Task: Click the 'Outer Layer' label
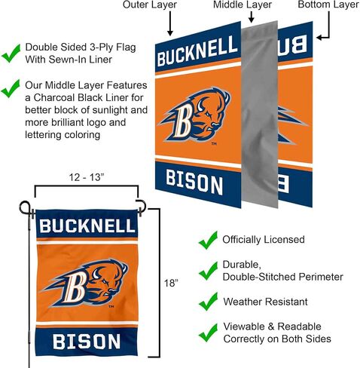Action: [x=150, y=5]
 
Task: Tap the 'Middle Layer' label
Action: [x=243, y=5]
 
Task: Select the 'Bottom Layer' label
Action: [x=328, y=5]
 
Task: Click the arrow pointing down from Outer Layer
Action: [x=170, y=23]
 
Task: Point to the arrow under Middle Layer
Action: [x=252, y=17]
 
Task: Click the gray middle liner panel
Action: [x=260, y=115]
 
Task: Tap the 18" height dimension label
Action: [x=171, y=284]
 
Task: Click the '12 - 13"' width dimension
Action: [x=87, y=177]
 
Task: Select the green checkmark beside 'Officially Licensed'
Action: [x=208, y=241]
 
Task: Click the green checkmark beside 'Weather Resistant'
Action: [x=208, y=302]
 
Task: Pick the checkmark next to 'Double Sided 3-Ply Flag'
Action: [x=11, y=54]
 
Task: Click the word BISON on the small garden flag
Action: [x=87, y=342]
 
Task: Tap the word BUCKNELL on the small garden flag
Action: [x=87, y=225]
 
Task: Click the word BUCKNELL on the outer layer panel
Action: [x=197, y=51]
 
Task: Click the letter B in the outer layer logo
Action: [x=182, y=121]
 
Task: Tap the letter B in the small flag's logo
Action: [x=75, y=287]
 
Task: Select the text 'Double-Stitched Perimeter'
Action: [x=282, y=277]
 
